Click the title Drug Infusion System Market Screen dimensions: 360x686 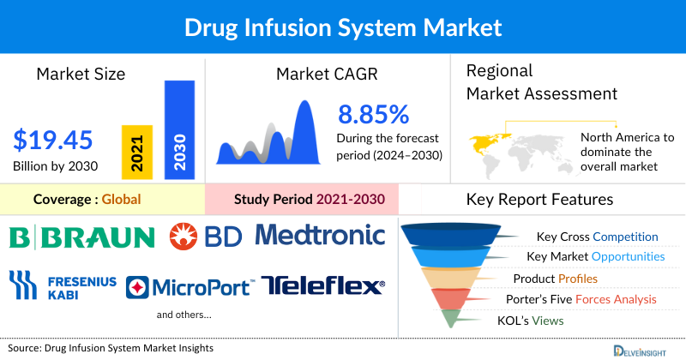[x=343, y=27]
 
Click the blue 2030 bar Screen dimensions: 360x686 [x=178, y=129]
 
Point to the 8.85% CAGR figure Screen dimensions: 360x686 [x=373, y=114]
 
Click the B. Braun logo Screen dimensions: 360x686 [x=81, y=236]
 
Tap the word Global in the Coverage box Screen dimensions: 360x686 [x=121, y=200]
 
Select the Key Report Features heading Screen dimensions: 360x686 [x=539, y=200]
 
